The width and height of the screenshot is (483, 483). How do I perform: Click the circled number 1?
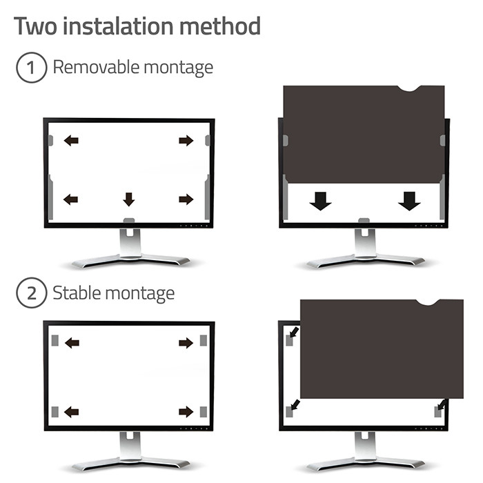(x=32, y=68)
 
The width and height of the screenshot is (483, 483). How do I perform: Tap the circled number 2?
(x=32, y=293)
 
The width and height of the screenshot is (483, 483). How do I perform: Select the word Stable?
(x=77, y=293)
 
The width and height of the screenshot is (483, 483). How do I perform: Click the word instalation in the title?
(x=119, y=26)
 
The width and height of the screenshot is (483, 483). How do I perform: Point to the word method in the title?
(x=221, y=26)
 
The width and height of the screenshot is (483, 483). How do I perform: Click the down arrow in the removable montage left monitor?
(x=129, y=199)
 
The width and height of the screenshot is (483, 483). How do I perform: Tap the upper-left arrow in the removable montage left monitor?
(x=71, y=141)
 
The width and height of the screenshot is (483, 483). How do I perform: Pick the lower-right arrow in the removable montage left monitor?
(x=186, y=199)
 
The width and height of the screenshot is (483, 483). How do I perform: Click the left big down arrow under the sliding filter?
(x=320, y=201)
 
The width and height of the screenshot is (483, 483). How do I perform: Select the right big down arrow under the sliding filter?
(x=409, y=201)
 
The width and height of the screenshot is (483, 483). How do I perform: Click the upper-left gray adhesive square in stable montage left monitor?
(x=55, y=340)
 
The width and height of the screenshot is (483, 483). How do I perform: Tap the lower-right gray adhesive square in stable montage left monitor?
(x=204, y=412)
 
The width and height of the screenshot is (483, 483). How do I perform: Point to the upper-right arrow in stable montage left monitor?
(x=186, y=343)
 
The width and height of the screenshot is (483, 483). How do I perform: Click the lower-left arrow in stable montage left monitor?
(x=72, y=412)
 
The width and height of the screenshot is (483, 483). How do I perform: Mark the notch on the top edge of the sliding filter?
(x=408, y=89)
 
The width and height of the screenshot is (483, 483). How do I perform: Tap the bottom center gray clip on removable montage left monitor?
(x=129, y=220)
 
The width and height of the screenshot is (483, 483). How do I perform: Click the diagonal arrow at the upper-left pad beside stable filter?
(x=295, y=332)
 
